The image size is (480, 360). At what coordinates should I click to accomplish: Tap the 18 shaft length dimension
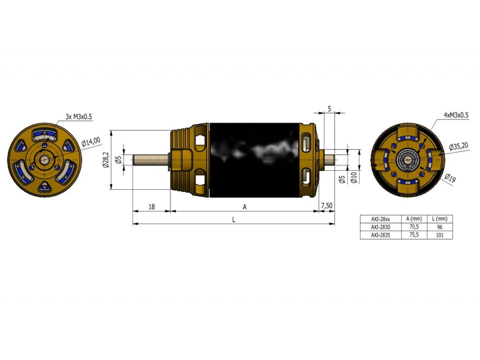(151, 206)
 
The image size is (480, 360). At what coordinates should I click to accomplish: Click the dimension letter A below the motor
(244, 206)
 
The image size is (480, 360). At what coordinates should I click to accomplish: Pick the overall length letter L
(233, 219)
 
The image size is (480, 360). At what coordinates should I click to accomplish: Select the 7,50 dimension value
(327, 206)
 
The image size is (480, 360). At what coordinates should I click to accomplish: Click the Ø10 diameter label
(354, 178)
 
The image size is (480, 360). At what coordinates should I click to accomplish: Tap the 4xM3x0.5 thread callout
(456, 115)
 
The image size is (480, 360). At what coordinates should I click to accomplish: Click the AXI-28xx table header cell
(381, 219)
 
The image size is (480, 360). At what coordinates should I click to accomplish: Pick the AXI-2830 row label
(381, 227)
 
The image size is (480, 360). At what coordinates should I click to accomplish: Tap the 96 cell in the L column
(440, 227)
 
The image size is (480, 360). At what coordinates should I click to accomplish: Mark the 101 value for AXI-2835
(440, 235)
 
